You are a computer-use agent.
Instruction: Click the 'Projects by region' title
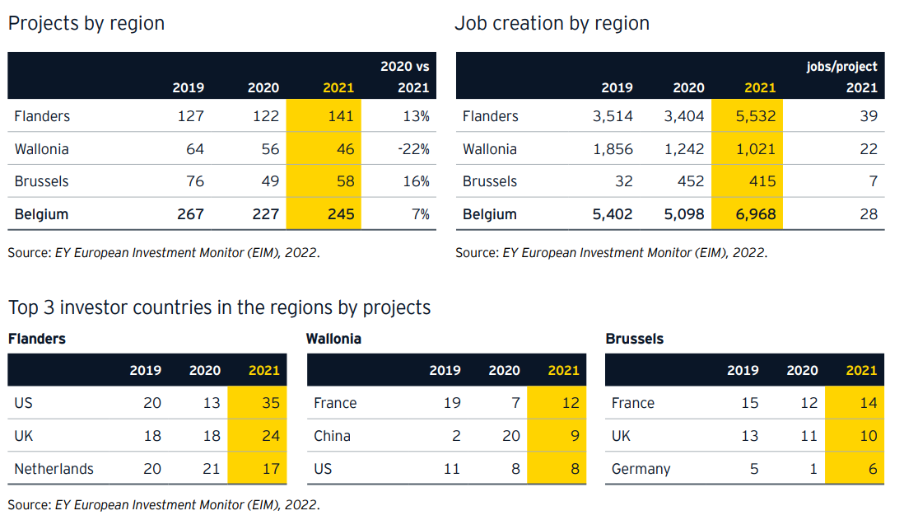[86, 23]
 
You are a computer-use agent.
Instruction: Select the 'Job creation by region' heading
[552, 23]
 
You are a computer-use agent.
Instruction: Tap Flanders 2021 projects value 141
[340, 116]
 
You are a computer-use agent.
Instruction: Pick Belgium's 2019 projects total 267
[190, 214]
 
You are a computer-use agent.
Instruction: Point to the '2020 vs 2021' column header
[404, 77]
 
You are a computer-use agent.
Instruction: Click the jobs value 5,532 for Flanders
[754, 116]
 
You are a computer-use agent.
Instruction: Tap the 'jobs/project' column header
[841, 67]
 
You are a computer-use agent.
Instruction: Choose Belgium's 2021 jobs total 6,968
[754, 214]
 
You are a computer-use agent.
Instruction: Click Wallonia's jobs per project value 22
[868, 149]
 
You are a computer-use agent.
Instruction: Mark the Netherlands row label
[54, 469]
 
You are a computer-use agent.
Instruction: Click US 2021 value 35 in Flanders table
[271, 403]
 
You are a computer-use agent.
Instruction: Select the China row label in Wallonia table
[332, 436]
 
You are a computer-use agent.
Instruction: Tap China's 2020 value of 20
[511, 436]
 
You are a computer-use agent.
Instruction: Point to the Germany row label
[641, 469]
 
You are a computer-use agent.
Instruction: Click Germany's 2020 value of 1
[813, 469]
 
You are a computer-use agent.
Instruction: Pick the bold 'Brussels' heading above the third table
[634, 339]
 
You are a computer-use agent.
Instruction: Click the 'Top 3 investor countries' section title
[219, 307]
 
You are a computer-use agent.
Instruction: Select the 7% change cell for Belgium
[421, 214]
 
